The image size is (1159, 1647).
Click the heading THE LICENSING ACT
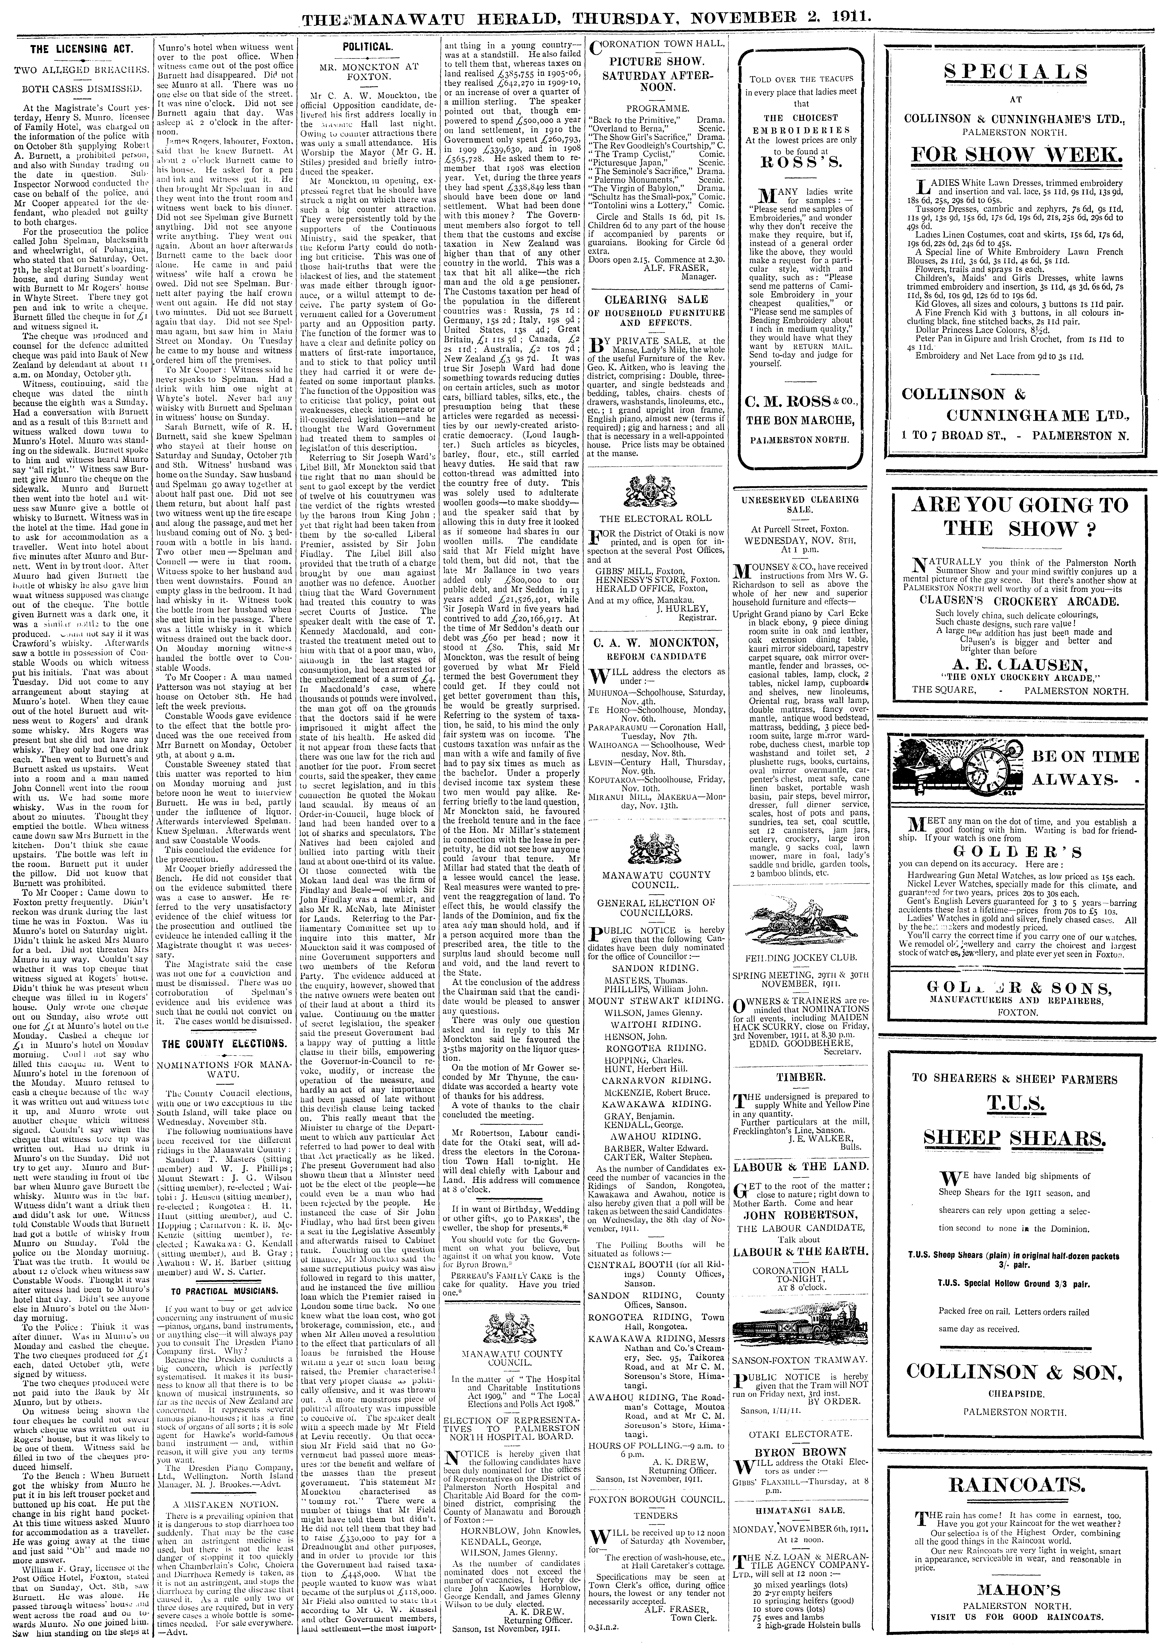[79, 49]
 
